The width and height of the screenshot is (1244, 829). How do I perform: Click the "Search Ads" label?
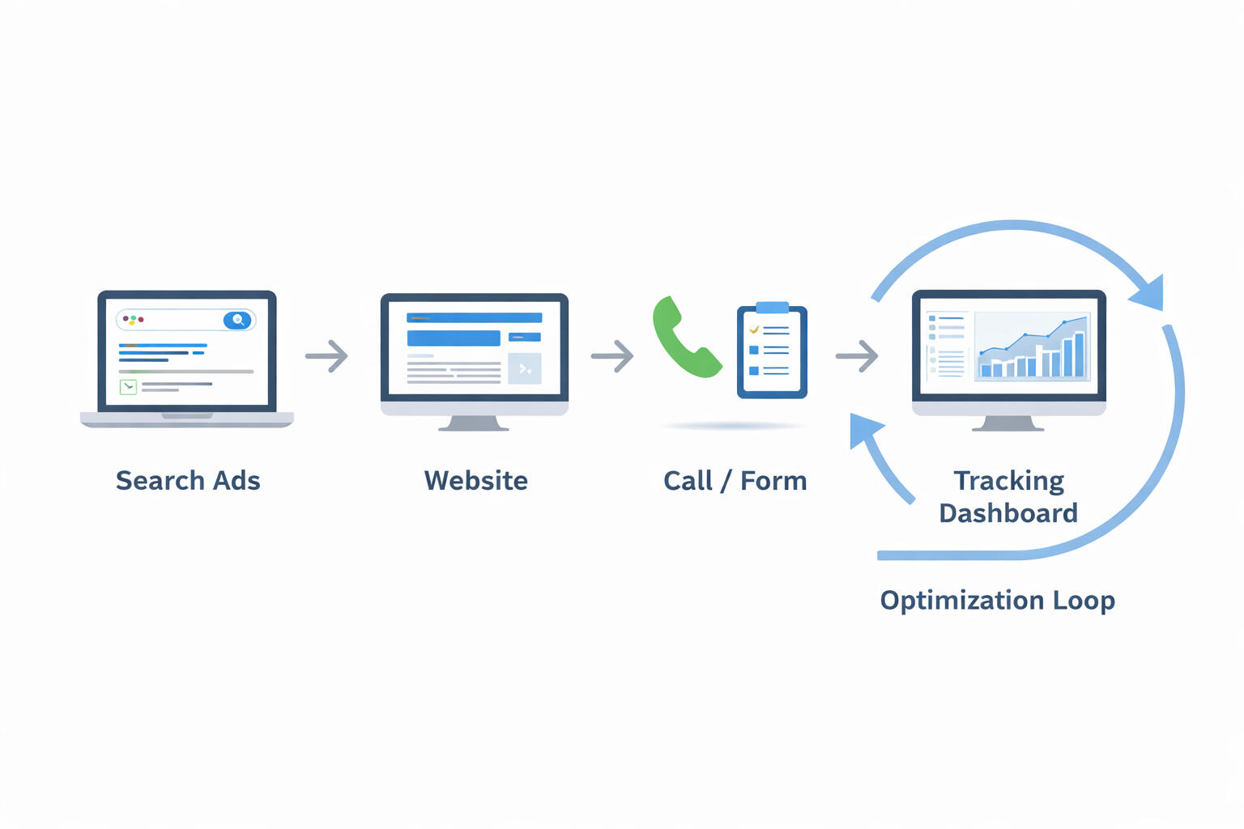(x=188, y=481)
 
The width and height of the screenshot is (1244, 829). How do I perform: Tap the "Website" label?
(x=475, y=481)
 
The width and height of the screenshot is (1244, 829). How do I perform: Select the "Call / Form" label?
(x=735, y=481)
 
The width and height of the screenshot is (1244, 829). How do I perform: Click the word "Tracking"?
(x=1008, y=481)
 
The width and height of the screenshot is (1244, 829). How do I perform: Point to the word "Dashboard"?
(x=1008, y=513)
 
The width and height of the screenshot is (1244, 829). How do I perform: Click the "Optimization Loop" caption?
(x=997, y=601)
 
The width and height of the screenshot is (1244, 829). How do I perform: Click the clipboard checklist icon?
(x=772, y=353)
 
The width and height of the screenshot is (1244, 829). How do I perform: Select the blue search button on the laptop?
(x=237, y=320)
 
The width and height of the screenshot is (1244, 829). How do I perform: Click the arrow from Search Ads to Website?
(x=326, y=355)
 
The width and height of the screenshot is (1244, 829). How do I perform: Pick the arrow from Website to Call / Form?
(x=612, y=355)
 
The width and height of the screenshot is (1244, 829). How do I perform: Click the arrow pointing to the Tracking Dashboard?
(x=857, y=355)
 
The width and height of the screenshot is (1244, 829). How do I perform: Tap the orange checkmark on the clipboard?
(x=754, y=329)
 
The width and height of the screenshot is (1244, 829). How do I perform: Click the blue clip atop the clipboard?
(x=772, y=308)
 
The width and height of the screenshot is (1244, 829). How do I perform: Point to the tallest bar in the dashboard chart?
(x=1079, y=355)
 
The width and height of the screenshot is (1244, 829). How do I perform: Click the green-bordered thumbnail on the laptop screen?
(x=128, y=387)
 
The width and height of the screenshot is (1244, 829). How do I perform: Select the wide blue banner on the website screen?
(x=454, y=338)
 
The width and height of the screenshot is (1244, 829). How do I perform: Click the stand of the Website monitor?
(x=474, y=423)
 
